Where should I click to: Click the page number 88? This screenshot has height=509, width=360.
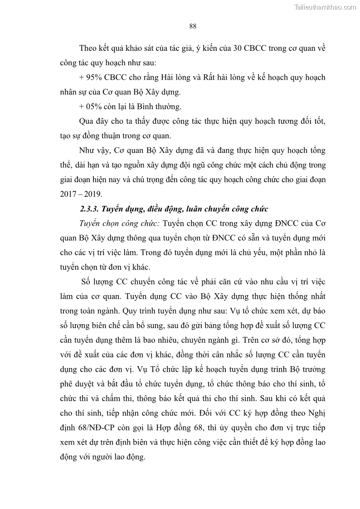(192, 26)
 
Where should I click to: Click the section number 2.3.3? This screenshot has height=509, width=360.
(88, 209)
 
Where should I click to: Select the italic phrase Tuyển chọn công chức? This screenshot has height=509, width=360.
(119, 223)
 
